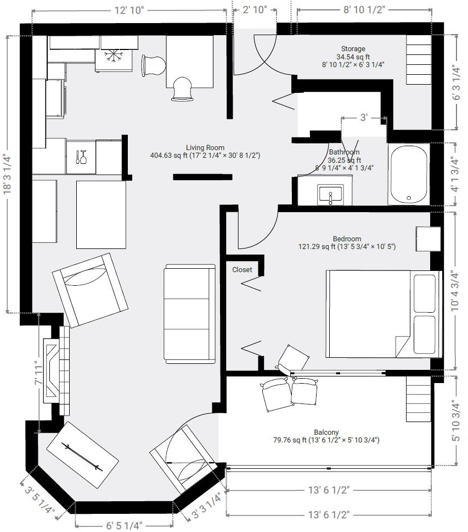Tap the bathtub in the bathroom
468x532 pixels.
[x=409, y=174]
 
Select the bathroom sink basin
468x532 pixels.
[x=330, y=195]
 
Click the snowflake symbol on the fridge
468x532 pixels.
[x=114, y=56]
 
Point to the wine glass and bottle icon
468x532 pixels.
[x=81, y=157]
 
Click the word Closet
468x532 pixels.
[x=242, y=270]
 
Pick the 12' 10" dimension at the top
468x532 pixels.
[x=129, y=10]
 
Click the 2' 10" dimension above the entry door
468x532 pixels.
[x=255, y=9]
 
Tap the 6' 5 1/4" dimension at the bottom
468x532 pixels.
[x=125, y=525]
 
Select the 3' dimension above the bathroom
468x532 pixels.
[x=364, y=118]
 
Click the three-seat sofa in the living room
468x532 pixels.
[x=190, y=314]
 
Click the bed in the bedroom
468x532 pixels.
[x=384, y=314]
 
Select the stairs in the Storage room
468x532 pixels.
[x=419, y=60]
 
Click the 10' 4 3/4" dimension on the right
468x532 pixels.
[x=455, y=291]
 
